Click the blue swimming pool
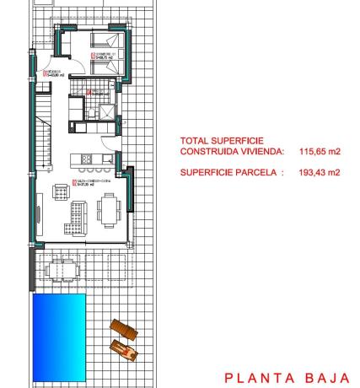click(59, 325)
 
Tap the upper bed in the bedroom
click(107, 42)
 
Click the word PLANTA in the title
click(258, 377)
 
